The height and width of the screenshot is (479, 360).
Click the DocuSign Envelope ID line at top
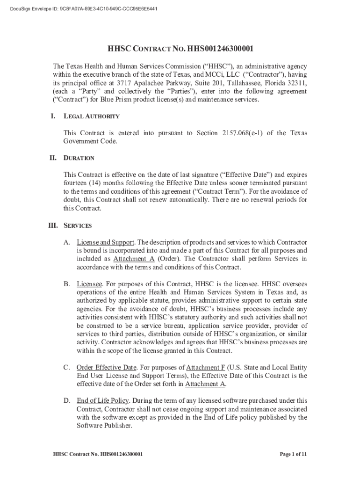(84, 8)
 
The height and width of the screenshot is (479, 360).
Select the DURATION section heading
(79, 159)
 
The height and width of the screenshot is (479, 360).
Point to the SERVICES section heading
(78, 225)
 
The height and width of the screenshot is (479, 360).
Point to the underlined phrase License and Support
(106, 242)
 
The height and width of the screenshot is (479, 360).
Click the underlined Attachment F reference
(205, 368)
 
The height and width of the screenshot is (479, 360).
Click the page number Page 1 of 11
(293, 454)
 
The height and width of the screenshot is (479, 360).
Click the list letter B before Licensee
(67, 284)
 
